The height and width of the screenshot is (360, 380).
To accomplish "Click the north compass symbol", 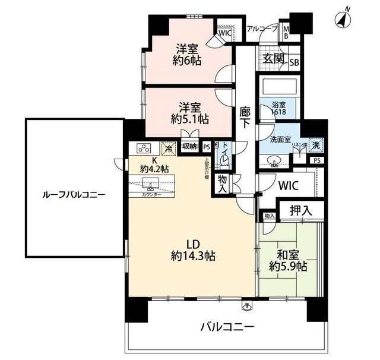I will [343, 19].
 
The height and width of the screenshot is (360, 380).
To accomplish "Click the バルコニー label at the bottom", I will [227, 327].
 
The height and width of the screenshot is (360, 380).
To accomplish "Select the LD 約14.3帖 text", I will [193, 250].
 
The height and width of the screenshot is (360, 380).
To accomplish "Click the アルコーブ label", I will [262, 29].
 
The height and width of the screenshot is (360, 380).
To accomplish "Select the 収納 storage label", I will [190, 146].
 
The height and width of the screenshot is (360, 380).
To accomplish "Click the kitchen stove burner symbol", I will [145, 148].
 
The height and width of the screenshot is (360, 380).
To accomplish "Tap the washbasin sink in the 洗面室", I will [275, 159].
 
